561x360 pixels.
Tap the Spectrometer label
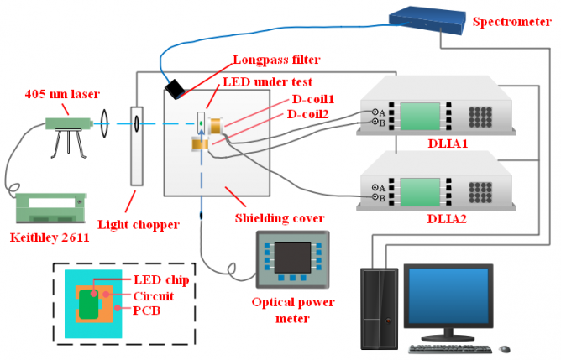[x=513, y=21]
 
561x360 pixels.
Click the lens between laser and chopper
[x=106, y=124]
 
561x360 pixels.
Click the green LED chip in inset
[x=89, y=305]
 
